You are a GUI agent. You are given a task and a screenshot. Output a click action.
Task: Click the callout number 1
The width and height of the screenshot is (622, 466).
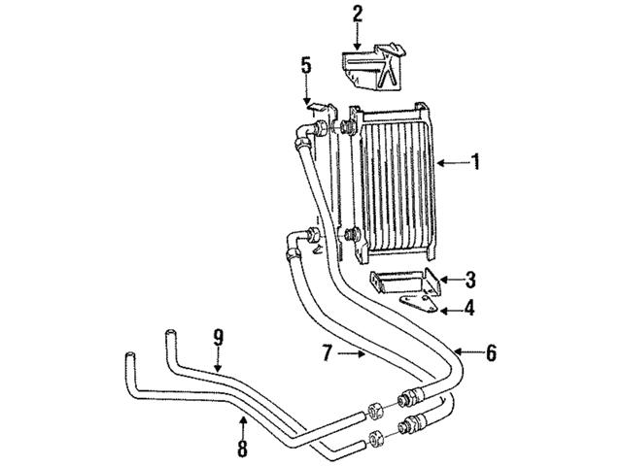click(x=476, y=162)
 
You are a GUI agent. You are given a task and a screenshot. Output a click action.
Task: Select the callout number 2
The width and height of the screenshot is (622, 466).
click(x=358, y=14)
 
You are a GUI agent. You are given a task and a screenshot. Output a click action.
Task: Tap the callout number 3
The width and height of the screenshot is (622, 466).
click(x=470, y=282)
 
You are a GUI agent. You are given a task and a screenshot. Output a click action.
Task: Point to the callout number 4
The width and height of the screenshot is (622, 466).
click(x=470, y=311)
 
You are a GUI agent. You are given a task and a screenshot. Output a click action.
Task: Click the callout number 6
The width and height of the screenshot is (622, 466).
click(x=491, y=353)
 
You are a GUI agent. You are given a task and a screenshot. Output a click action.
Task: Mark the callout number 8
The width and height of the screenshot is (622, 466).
click(x=243, y=449)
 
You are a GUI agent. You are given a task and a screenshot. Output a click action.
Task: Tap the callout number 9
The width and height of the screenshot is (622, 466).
click(x=219, y=338)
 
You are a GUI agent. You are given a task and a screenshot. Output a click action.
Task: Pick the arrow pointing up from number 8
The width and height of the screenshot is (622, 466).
click(x=243, y=425)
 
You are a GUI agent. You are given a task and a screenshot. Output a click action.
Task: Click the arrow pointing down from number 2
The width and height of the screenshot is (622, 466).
click(x=358, y=36)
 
